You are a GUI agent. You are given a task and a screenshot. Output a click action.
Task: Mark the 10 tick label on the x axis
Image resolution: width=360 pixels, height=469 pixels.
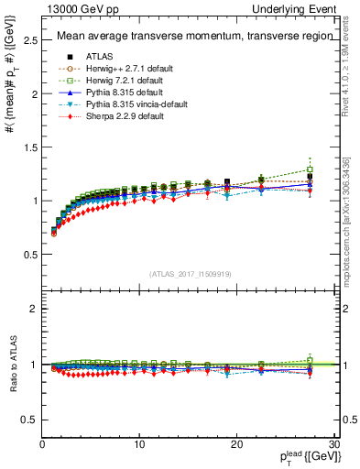click(139, 444)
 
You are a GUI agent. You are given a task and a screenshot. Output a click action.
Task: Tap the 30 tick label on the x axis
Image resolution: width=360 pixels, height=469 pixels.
click(334, 444)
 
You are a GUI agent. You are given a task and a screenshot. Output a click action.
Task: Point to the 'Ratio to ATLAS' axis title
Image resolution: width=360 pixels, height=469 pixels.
click(12, 364)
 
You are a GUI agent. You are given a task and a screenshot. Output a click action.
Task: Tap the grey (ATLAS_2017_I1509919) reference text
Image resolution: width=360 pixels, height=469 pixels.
click(191, 274)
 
